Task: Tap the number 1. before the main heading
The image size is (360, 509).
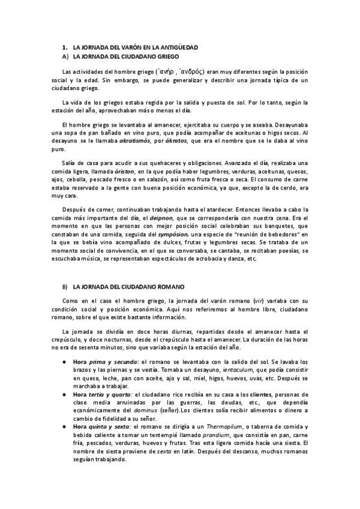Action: (65, 47)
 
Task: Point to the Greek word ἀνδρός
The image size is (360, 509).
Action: (191, 70)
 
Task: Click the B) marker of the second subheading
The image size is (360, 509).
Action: (65, 287)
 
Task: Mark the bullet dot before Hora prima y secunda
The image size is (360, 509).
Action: (65, 362)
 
